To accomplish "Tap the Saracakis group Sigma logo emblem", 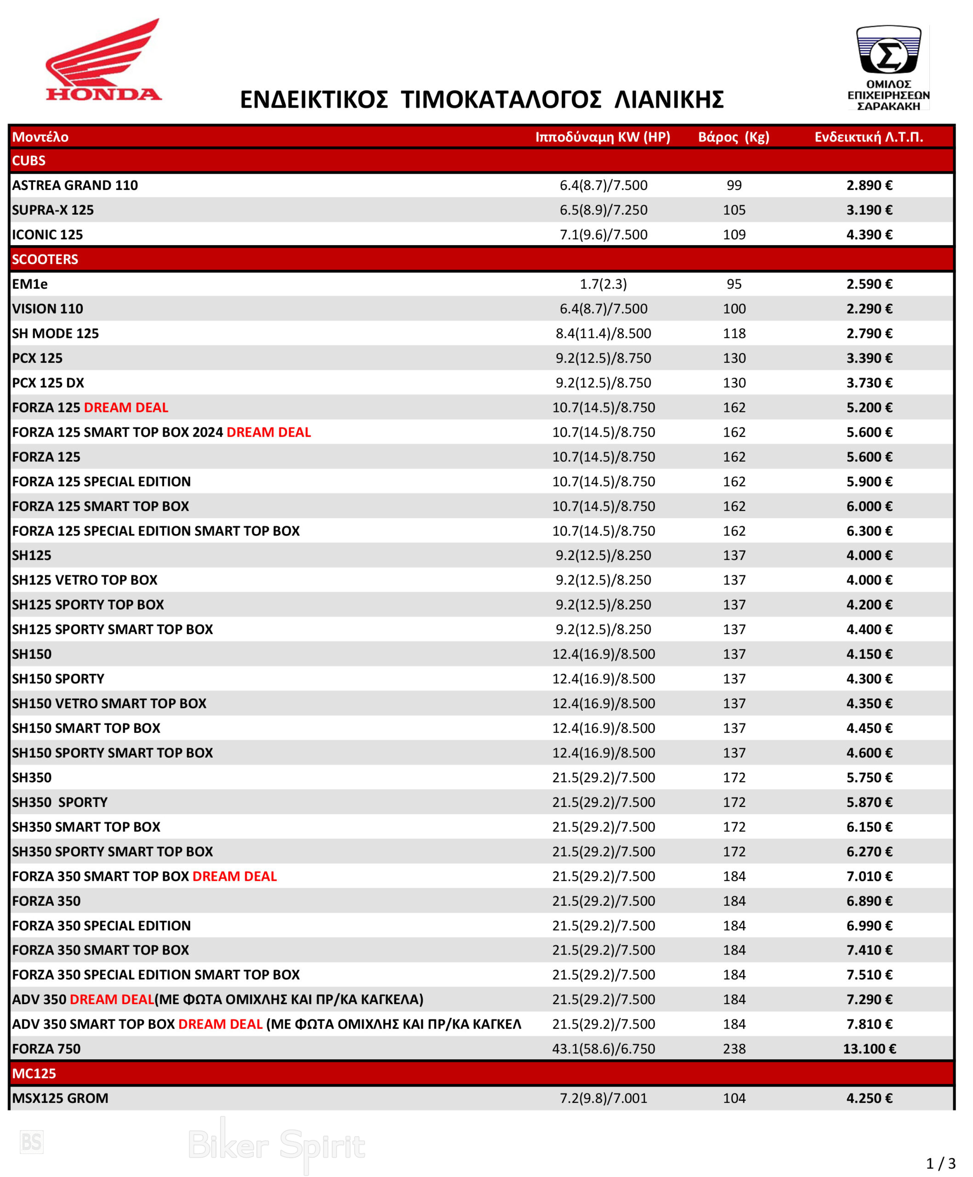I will [888, 51].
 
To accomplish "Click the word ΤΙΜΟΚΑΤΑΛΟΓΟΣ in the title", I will [501, 100].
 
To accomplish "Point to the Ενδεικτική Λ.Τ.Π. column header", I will [868, 137].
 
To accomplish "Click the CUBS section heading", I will [28, 161].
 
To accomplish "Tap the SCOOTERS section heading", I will [45, 259].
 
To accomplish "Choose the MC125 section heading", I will [34, 1073].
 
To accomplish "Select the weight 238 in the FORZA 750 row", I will [734, 1049].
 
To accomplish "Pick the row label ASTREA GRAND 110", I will [74, 186].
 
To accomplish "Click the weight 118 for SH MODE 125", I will [734, 333].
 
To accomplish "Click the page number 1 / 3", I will [940, 1163].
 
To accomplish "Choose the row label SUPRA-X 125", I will [53, 210].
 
